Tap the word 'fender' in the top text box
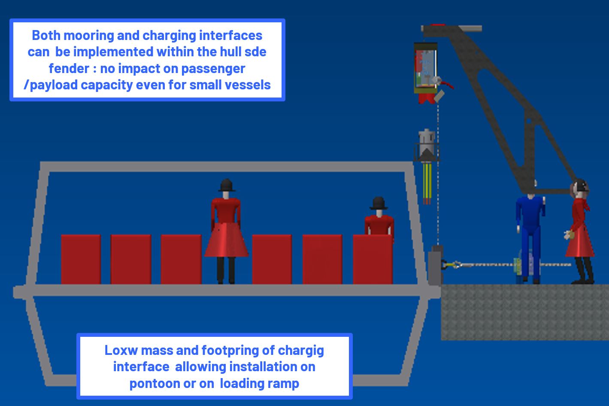pyautogui.click(x=68, y=68)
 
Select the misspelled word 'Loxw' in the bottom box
pyautogui.click(x=121, y=350)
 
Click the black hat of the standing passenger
pyautogui.click(x=227, y=185)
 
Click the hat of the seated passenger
pyautogui.click(x=379, y=203)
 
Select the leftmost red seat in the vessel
pyautogui.click(x=81, y=259)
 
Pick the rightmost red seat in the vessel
pyautogui.click(x=373, y=259)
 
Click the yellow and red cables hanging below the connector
pyautogui.click(x=427, y=183)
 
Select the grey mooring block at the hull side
pyautogui.click(x=435, y=266)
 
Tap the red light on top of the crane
pyautogui.click(x=438, y=25)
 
